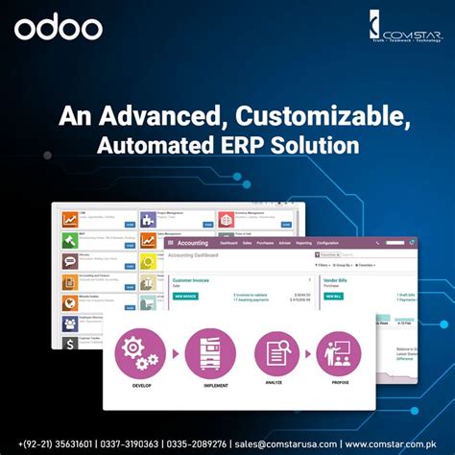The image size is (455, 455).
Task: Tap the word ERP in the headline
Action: point(257,146)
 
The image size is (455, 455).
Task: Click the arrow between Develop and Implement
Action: point(177,353)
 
